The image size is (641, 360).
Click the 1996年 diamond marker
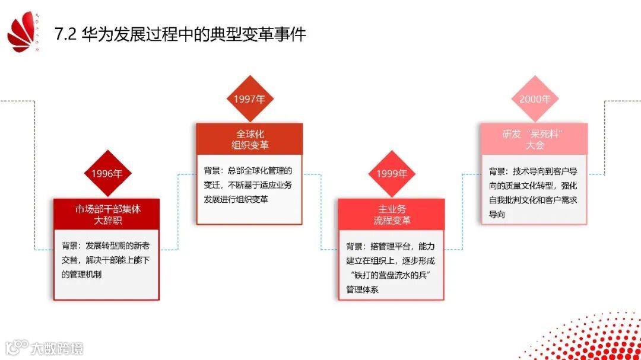pyautogui.click(x=107, y=174)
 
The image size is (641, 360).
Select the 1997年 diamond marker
pyautogui.click(x=249, y=99)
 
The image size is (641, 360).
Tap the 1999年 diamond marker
pyautogui.click(x=392, y=174)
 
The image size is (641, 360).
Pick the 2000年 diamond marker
pyautogui.click(x=535, y=99)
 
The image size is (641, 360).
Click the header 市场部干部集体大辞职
pyautogui.click(x=107, y=214)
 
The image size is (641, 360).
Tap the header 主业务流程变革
pyautogui.click(x=392, y=214)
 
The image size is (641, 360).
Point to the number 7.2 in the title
pyautogui.click(x=66, y=34)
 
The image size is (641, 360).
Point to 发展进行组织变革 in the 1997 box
pyautogui.click(x=236, y=199)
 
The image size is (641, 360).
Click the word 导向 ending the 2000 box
pyautogui.click(x=497, y=215)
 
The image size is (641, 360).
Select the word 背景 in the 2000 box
pyautogui.click(x=498, y=171)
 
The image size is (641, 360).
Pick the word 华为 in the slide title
pyautogui.click(x=95, y=34)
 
